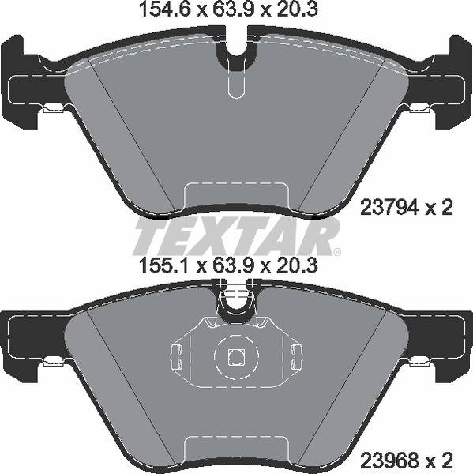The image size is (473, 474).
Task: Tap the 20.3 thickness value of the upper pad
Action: [x=301, y=10]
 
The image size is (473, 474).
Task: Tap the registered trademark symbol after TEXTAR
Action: [x=337, y=252]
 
